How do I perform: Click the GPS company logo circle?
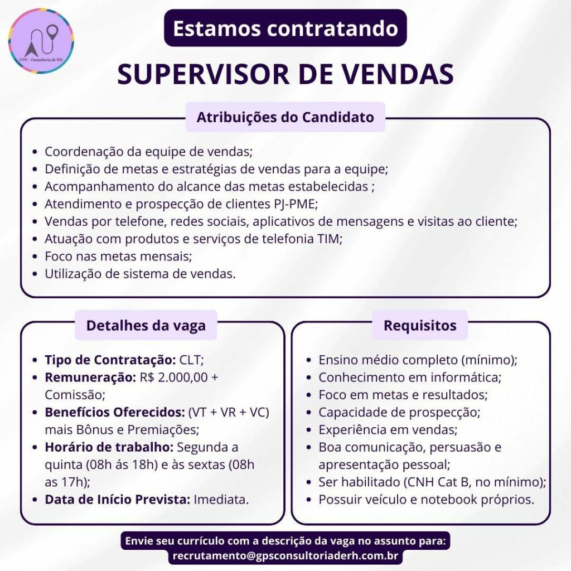point(41,41)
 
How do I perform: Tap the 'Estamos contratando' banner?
point(285,28)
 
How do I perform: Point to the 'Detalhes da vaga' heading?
point(146,325)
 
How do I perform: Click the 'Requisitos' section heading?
point(420,325)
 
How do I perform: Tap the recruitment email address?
point(285,556)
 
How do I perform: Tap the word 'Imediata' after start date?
point(221,500)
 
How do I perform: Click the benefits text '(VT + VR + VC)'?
point(229,413)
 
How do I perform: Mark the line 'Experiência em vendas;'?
point(388,430)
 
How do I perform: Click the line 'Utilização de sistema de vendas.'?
point(140,274)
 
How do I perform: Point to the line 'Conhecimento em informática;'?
point(410,378)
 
